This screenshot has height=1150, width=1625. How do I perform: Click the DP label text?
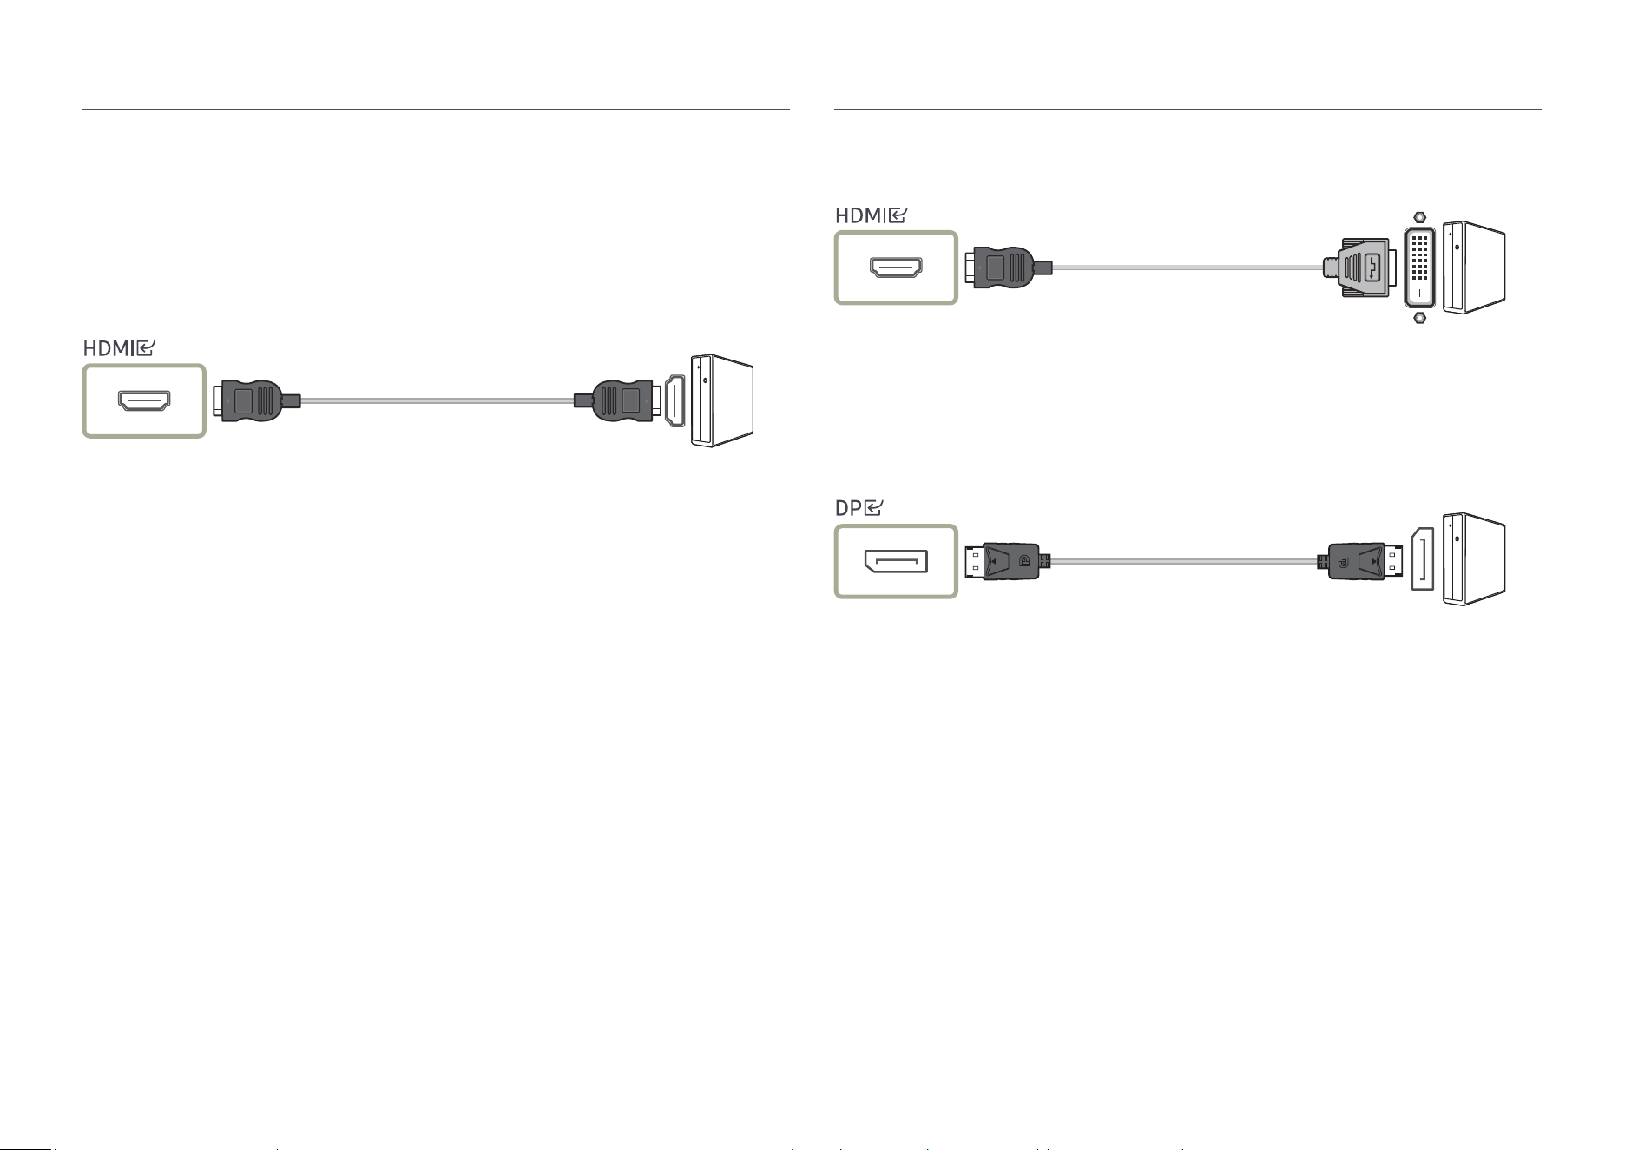tap(848, 508)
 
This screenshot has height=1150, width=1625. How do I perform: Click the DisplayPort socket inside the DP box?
tap(895, 562)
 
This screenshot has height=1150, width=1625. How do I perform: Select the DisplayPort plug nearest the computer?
tap(1361, 562)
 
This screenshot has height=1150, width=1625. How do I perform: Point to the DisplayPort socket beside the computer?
tap(1423, 559)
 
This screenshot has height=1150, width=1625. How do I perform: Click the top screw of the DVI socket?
tap(1419, 217)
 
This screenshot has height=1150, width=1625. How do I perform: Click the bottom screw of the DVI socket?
tap(1419, 317)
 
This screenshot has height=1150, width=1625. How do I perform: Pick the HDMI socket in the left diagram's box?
tap(144, 400)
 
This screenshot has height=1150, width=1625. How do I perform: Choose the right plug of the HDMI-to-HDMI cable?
tap(617, 400)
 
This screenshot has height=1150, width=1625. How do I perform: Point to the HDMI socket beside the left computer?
tap(675, 400)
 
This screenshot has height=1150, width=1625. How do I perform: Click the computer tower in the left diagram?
tap(722, 400)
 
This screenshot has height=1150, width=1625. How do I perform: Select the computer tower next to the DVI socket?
tap(1474, 268)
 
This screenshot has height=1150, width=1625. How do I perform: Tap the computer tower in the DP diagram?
tap(1474, 558)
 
